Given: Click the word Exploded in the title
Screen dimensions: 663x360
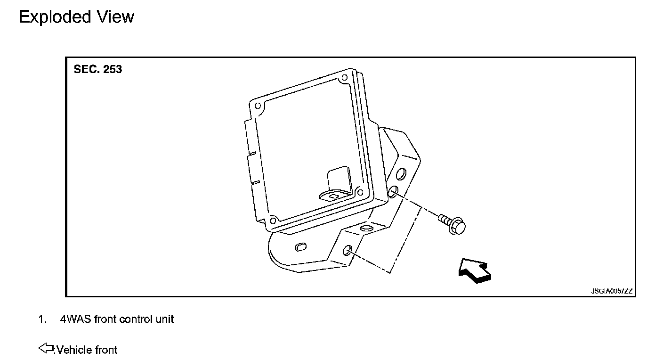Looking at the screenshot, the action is coord(55,17).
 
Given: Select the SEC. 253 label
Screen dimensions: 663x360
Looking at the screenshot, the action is coord(97,69).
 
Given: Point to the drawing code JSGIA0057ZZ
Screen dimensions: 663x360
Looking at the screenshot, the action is coord(612,291).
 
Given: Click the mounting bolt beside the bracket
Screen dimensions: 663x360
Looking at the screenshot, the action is coord(452,224).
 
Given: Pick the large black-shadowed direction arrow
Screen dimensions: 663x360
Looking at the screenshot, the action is coord(475,270).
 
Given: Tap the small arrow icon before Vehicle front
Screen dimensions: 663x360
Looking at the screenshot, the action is coord(46,348).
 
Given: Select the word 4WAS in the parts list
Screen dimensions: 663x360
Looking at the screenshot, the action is coord(75,319).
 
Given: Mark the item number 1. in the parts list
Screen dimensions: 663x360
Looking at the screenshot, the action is coord(42,319).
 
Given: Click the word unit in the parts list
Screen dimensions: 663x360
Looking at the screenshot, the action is coord(164,319).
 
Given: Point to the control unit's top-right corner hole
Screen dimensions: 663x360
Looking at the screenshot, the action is coord(344,78).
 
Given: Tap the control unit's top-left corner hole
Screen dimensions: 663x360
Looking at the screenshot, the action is coord(258,106).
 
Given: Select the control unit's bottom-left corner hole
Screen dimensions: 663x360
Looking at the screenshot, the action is coord(273,221).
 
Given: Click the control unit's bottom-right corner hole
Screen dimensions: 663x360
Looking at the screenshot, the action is coord(360,193).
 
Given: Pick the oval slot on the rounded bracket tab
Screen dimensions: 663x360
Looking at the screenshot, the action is coord(301,247).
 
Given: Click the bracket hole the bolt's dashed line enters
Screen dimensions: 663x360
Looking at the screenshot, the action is coord(393,191).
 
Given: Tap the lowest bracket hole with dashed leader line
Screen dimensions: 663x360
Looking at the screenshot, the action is coord(347,251).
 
